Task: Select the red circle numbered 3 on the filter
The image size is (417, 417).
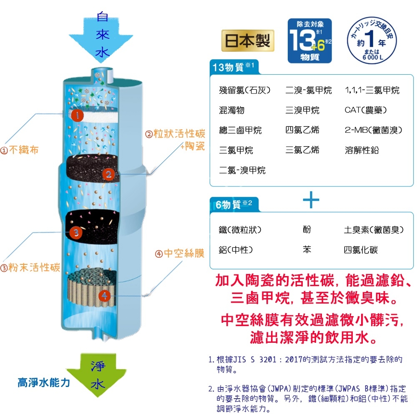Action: tap(75, 232)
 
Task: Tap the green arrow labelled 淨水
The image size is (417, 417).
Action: tap(98, 374)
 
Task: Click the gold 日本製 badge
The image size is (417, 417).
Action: tap(248, 40)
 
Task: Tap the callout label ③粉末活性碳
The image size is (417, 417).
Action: tap(30, 267)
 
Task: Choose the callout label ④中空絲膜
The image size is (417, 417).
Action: tap(180, 253)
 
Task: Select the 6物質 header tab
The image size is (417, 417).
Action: tap(234, 204)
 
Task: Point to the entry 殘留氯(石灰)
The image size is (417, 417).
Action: tap(245, 90)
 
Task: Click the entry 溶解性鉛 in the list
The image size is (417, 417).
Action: tap(362, 150)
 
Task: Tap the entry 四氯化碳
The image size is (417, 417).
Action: tap(361, 250)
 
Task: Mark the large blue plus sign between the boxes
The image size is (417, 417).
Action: tap(311, 201)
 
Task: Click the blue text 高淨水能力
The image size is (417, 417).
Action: tap(44, 383)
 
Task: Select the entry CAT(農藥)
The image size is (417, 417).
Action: tap(366, 110)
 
